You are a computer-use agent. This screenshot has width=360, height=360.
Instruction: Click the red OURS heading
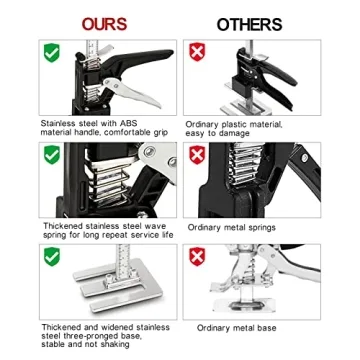(104, 23)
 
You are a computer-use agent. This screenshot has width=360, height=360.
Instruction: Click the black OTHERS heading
(251, 23)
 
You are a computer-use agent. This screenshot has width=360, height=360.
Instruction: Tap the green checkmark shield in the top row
(51, 52)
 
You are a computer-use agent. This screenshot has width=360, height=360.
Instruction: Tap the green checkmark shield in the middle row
(51, 155)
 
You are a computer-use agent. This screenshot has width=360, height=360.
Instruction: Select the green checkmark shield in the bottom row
(51, 257)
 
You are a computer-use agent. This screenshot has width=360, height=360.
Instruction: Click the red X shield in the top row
(197, 52)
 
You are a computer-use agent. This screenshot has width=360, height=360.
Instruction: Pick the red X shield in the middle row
(197, 155)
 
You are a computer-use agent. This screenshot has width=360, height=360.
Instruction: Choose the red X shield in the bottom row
(197, 257)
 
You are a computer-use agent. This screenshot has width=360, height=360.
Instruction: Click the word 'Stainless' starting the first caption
(57, 123)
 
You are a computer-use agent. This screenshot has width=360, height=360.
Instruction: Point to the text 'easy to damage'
(215, 131)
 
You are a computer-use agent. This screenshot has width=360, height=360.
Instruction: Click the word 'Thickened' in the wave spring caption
(59, 227)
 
